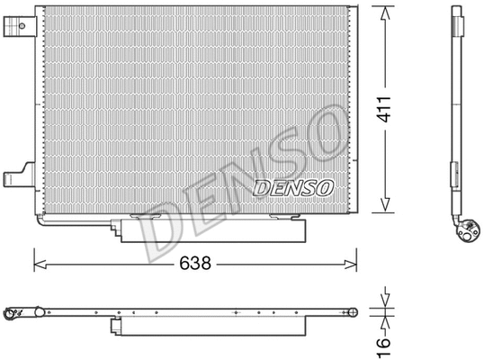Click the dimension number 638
[195, 265]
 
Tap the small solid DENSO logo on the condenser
[294, 187]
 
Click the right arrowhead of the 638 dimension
[352, 265]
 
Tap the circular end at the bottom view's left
[13, 314]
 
